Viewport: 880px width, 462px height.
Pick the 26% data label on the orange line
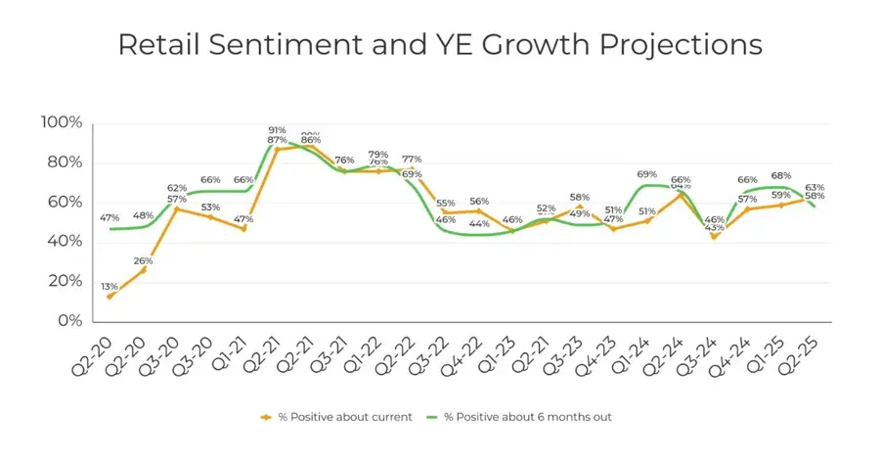click(x=143, y=260)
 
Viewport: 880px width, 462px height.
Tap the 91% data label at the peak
click(x=277, y=129)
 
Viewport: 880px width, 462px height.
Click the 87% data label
click(x=277, y=140)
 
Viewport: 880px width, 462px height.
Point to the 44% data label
click(x=479, y=224)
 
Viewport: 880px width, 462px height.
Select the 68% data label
click(x=781, y=176)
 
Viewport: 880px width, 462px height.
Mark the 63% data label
click(x=814, y=186)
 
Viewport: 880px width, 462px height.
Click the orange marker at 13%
click(x=110, y=296)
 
